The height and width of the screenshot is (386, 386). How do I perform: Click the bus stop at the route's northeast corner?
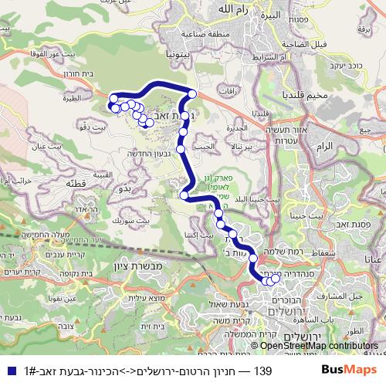click(x=191, y=94)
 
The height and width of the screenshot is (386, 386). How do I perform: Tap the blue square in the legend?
click(x=7, y=371)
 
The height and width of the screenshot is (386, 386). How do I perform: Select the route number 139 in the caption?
click(x=262, y=371)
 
